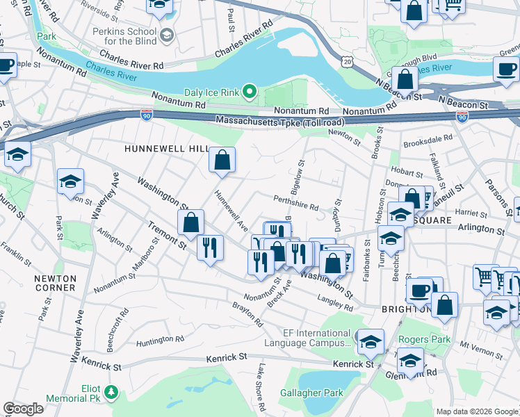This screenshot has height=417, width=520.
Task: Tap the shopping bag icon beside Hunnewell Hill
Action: coord(222,161)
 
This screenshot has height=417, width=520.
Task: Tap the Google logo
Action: coord(23,409)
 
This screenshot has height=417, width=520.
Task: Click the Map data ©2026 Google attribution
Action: coord(477,411)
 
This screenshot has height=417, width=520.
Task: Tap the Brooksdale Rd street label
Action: coord(428,138)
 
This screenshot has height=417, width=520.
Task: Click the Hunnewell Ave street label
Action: coord(231,211)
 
